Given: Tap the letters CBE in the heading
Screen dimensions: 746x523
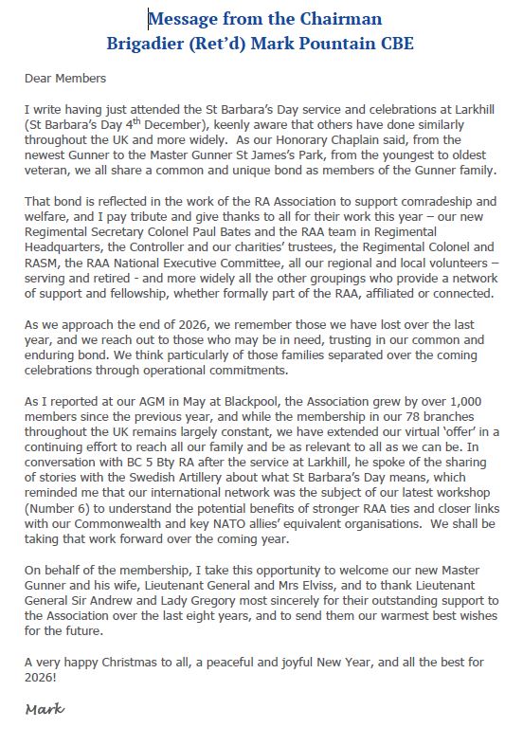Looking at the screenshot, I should [394, 43].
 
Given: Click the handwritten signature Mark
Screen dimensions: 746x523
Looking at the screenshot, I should [45, 709].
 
